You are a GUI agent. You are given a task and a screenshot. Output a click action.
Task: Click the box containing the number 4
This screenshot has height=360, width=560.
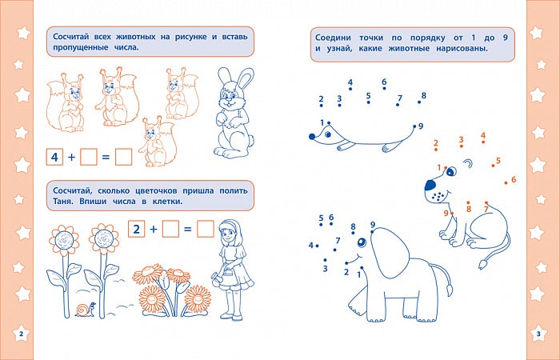[x=54, y=157]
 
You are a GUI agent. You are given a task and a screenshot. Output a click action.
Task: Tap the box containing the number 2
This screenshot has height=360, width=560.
[x=137, y=229]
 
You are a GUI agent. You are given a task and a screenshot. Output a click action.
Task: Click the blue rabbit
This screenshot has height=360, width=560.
[x=234, y=113]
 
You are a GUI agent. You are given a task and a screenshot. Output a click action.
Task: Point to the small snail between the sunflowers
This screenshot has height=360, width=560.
[x=86, y=310]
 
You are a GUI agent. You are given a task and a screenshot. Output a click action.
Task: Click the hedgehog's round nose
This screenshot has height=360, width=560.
[x=312, y=137]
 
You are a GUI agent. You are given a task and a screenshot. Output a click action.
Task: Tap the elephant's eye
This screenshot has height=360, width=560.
[x=362, y=242]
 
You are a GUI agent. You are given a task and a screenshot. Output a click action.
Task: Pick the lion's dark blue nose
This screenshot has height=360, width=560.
[x=430, y=185]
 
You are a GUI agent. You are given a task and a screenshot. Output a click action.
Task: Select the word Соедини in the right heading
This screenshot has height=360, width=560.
[x=333, y=38]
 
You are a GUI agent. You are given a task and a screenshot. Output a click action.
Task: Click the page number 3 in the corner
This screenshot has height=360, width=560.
[x=539, y=334]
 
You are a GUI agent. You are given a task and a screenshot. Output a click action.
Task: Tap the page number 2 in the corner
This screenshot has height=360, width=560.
[x=21, y=334]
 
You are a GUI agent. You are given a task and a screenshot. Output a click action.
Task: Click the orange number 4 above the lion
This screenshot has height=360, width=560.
[x=483, y=135]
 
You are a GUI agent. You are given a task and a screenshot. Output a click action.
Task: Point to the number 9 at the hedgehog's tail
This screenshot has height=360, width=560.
[x=421, y=126]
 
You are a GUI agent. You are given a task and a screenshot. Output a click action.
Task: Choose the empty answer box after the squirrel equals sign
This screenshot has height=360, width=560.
[x=123, y=157]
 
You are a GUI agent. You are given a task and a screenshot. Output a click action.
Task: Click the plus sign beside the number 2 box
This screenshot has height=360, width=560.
[x=154, y=230]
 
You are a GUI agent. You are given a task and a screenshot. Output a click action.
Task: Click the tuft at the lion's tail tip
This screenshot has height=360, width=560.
[x=483, y=264]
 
